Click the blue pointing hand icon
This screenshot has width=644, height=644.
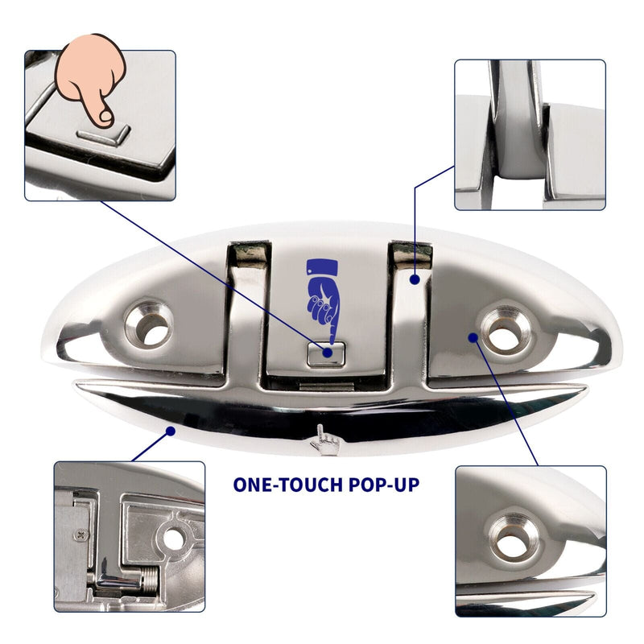pyautogui.click(x=323, y=299)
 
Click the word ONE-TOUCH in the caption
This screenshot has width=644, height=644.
pyautogui.click(x=287, y=485)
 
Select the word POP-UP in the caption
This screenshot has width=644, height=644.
pyautogui.click(x=384, y=485)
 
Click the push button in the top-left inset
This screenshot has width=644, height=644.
pyautogui.click(x=104, y=135)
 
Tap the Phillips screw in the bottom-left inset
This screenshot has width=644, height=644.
pyautogui.click(x=81, y=535)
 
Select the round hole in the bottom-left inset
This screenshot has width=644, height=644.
pyautogui.click(x=173, y=539)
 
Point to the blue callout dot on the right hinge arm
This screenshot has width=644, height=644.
pyautogui.click(x=415, y=279)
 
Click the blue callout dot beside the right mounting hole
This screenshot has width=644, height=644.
pyautogui.click(x=473, y=337)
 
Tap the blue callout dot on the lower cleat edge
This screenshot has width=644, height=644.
pyautogui.click(x=170, y=431)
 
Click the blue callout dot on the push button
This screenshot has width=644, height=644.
pyautogui.click(x=328, y=353)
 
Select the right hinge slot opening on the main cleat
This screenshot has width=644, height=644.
pyautogui.click(x=411, y=254)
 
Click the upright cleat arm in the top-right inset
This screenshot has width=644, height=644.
pyautogui.click(x=518, y=119)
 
